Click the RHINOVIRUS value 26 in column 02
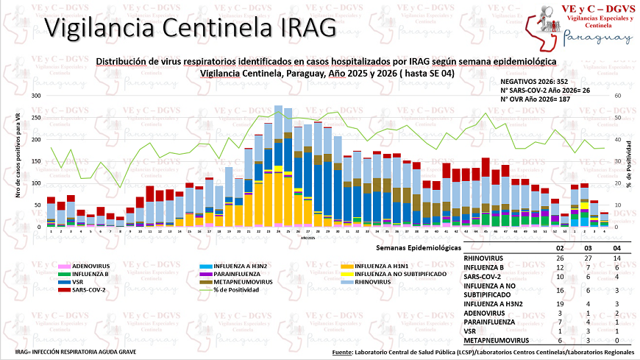[x=561, y=258]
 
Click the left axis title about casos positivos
[x=16, y=161]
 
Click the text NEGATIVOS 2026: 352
[x=533, y=82]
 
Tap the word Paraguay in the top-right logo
[x=597, y=39]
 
